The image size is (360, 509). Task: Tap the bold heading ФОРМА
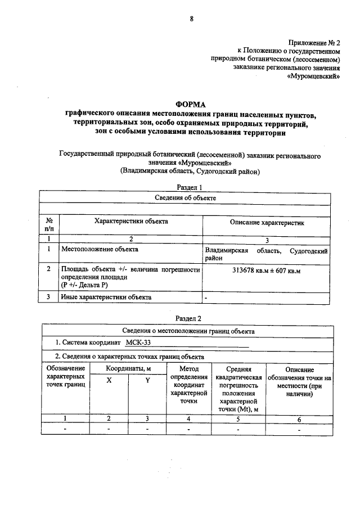coord(191,105)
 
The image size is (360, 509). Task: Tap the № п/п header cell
coord(49,226)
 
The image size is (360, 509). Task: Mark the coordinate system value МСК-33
coord(138,343)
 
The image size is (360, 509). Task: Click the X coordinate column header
coord(109,380)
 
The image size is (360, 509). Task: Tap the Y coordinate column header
coord(147,380)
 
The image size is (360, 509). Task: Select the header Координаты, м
coord(128,368)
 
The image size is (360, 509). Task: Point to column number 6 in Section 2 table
coord(299,418)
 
